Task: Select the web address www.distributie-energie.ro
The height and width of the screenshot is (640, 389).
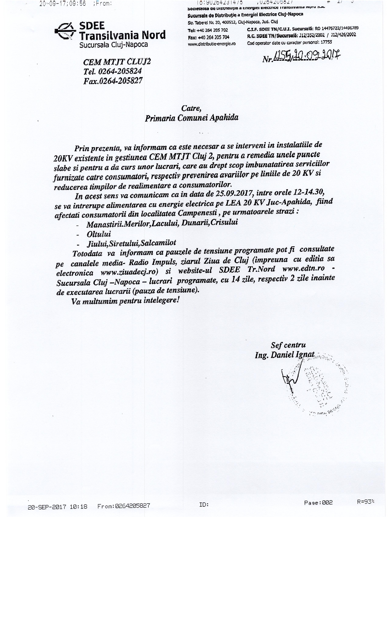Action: click(212, 44)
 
